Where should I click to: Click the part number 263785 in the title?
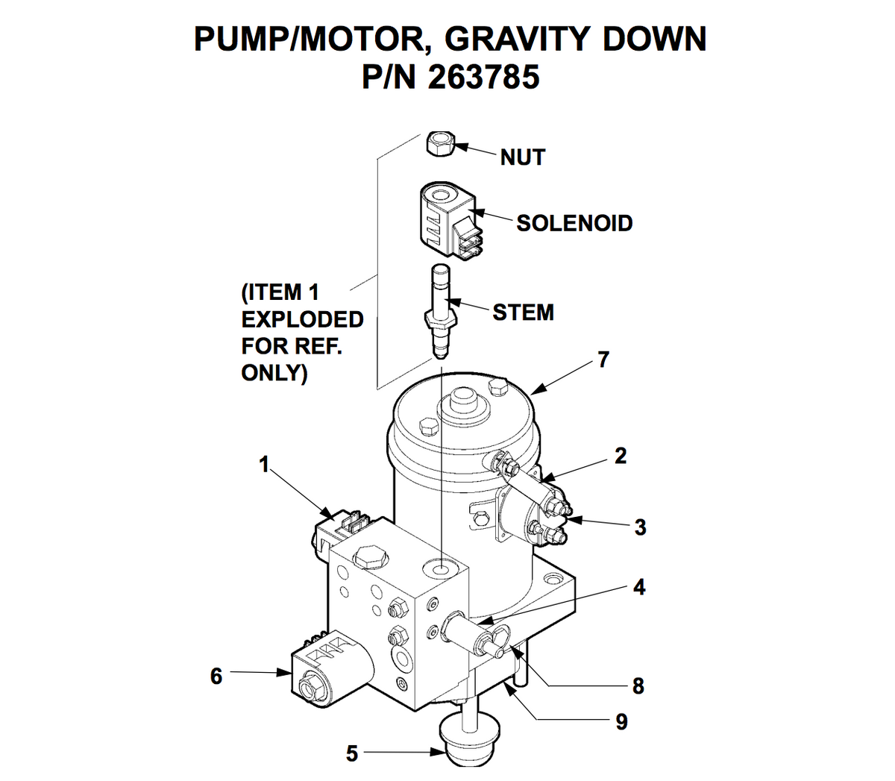coord(483,77)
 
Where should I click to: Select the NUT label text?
coord(523,157)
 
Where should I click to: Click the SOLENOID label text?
coord(574,223)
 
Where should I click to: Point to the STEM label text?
coord(523,312)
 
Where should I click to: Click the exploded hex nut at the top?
coord(440,144)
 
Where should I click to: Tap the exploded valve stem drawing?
coord(441,310)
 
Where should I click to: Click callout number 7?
coord(603,360)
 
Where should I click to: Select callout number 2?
coord(621,456)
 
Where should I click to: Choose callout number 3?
coord(640,527)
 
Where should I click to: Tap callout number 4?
coord(638,587)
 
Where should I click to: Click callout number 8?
coord(638,686)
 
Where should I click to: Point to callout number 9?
coord(621,721)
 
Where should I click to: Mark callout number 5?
coord(352,753)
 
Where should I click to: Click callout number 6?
coord(216,676)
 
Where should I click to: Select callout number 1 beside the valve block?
coord(263,465)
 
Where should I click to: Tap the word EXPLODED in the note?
coord(302,319)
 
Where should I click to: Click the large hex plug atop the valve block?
coord(370,556)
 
